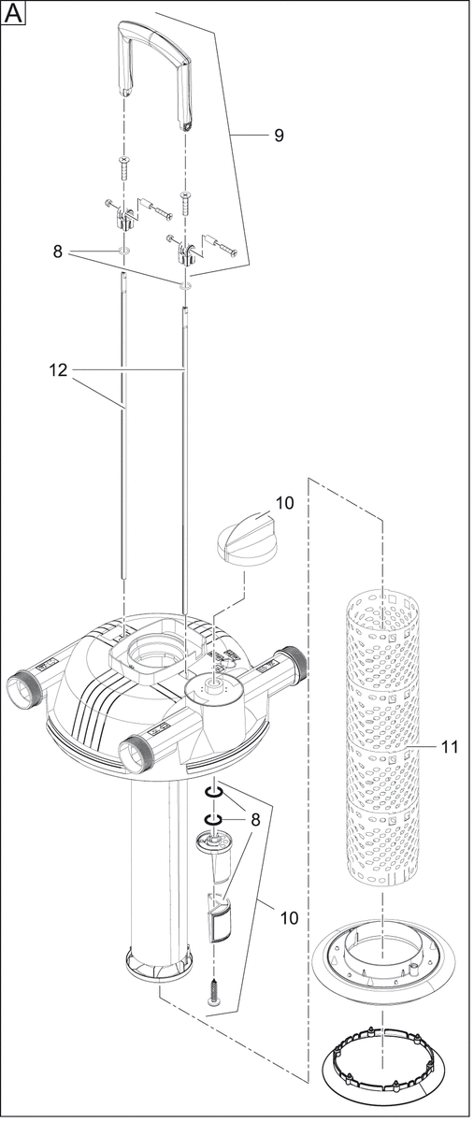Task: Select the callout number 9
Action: point(279,136)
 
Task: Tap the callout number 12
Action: point(58,370)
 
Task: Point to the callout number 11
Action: point(450,747)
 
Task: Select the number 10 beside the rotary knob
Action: point(284,503)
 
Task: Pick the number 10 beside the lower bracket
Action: point(289,917)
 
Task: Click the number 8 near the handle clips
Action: point(58,252)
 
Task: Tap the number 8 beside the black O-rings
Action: point(255,819)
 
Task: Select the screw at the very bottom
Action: point(214,993)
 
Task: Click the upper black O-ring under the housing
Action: point(213,794)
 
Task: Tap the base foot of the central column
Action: point(158,957)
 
